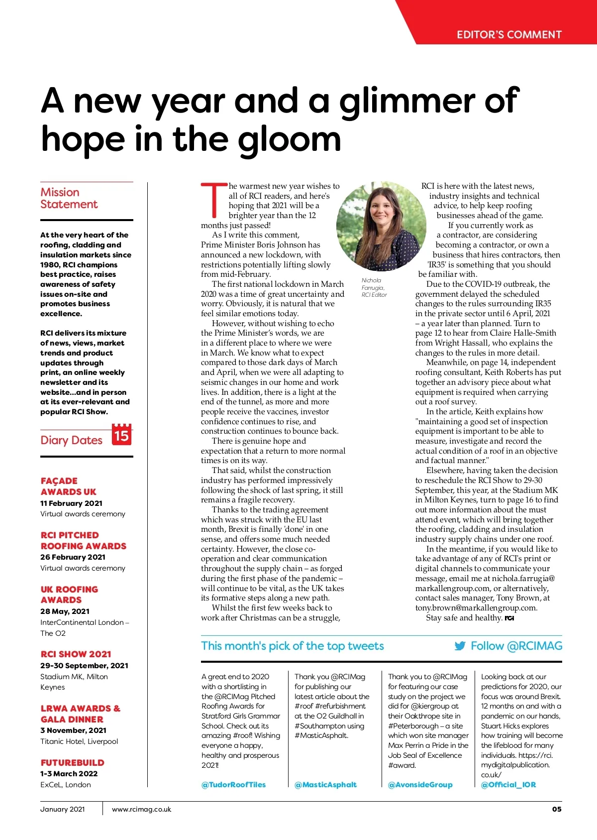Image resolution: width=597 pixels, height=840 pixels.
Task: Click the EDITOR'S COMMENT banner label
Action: pyautogui.click(x=509, y=35)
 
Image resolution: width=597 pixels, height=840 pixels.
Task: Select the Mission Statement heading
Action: pyautogui.click(x=69, y=198)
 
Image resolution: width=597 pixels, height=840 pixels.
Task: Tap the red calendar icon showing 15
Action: pyautogui.click(x=122, y=435)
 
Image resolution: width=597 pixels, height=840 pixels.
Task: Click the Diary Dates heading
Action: pyautogui.click(x=71, y=440)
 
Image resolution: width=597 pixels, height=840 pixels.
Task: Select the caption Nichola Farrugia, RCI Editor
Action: pyautogui.click(x=374, y=287)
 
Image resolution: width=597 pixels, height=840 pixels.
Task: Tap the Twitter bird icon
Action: pyautogui.click(x=460, y=646)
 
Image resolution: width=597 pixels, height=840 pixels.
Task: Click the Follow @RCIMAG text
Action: pyautogui.click(x=516, y=646)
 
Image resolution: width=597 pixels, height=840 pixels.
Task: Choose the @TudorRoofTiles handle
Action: pyautogui.click(x=233, y=785)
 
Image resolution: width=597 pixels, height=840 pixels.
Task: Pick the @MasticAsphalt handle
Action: pyautogui.click(x=325, y=785)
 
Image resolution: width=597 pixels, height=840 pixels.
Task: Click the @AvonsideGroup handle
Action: pyautogui.click(x=420, y=785)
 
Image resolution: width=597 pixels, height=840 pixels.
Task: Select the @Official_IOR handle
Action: pyautogui.click(x=508, y=785)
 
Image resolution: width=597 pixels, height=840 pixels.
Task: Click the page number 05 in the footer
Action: pyautogui.click(x=556, y=809)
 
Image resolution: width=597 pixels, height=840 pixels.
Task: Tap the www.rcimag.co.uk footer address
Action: pyautogui.click(x=141, y=809)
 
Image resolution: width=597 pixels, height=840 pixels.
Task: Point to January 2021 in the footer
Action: pyautogui.click(x=63, y=809)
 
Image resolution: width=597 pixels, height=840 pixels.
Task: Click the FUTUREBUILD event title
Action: pyautogui.click(x=72, y=763)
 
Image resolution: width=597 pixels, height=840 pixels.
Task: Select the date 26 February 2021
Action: pyautogui.click(x=73, y=557)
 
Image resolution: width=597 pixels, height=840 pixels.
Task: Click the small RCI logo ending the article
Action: pyautogui.click(x=509, y=618)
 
